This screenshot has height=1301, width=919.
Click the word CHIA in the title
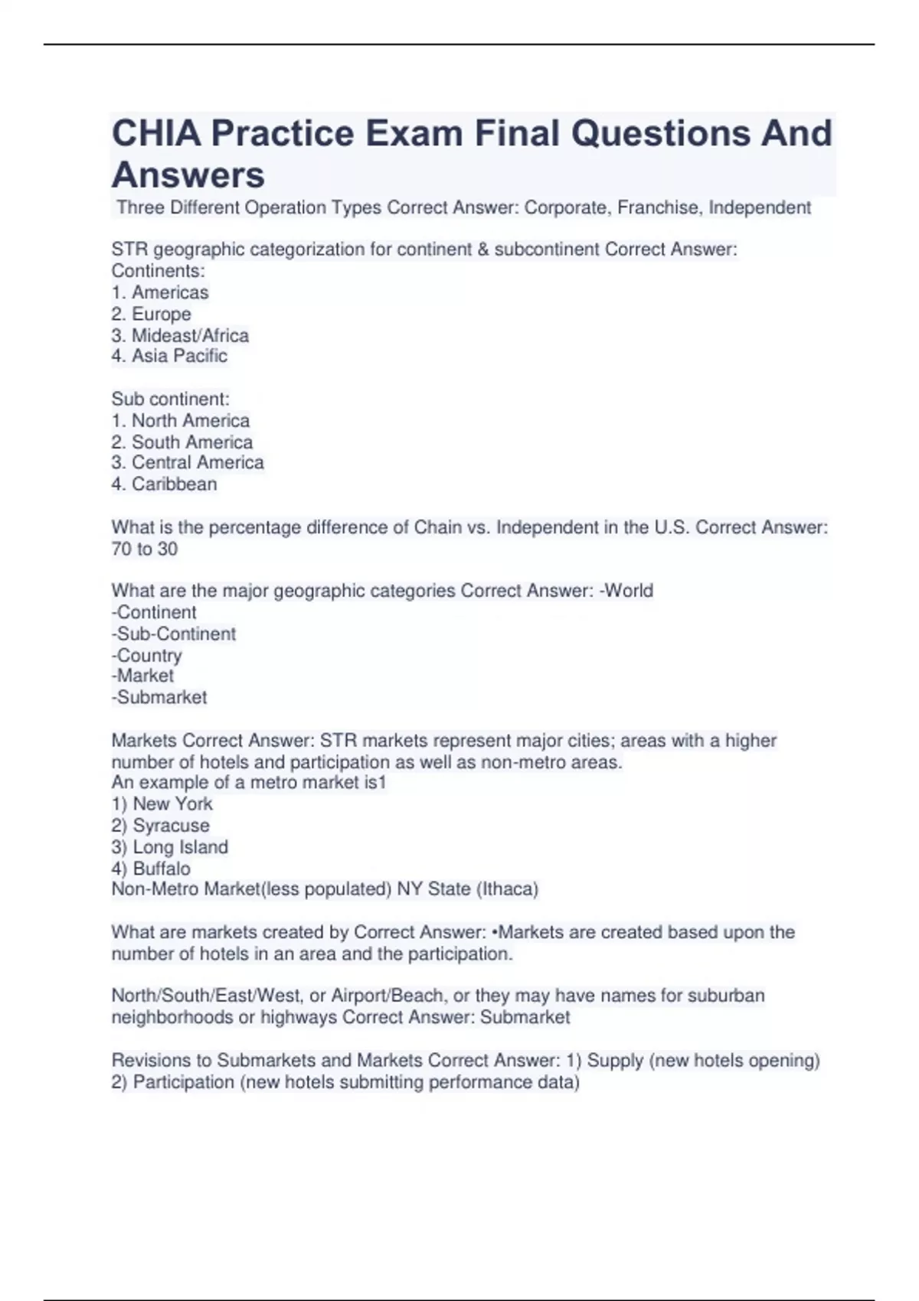pyautogui.click(x=156, y=133)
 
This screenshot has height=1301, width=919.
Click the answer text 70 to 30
pyautogui.click(x=145, y=549)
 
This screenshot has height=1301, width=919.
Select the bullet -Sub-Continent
pyautogui.click(x=174, y=634)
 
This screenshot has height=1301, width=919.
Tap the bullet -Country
pyautogui.click(x=147, y=655)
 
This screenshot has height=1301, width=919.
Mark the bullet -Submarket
pyautogui.click(x=159, y=697)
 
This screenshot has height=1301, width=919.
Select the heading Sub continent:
pyautogui.click(x=171, y=399)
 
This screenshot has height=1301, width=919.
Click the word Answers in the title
pyautogui.click(x=188, y=174)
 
